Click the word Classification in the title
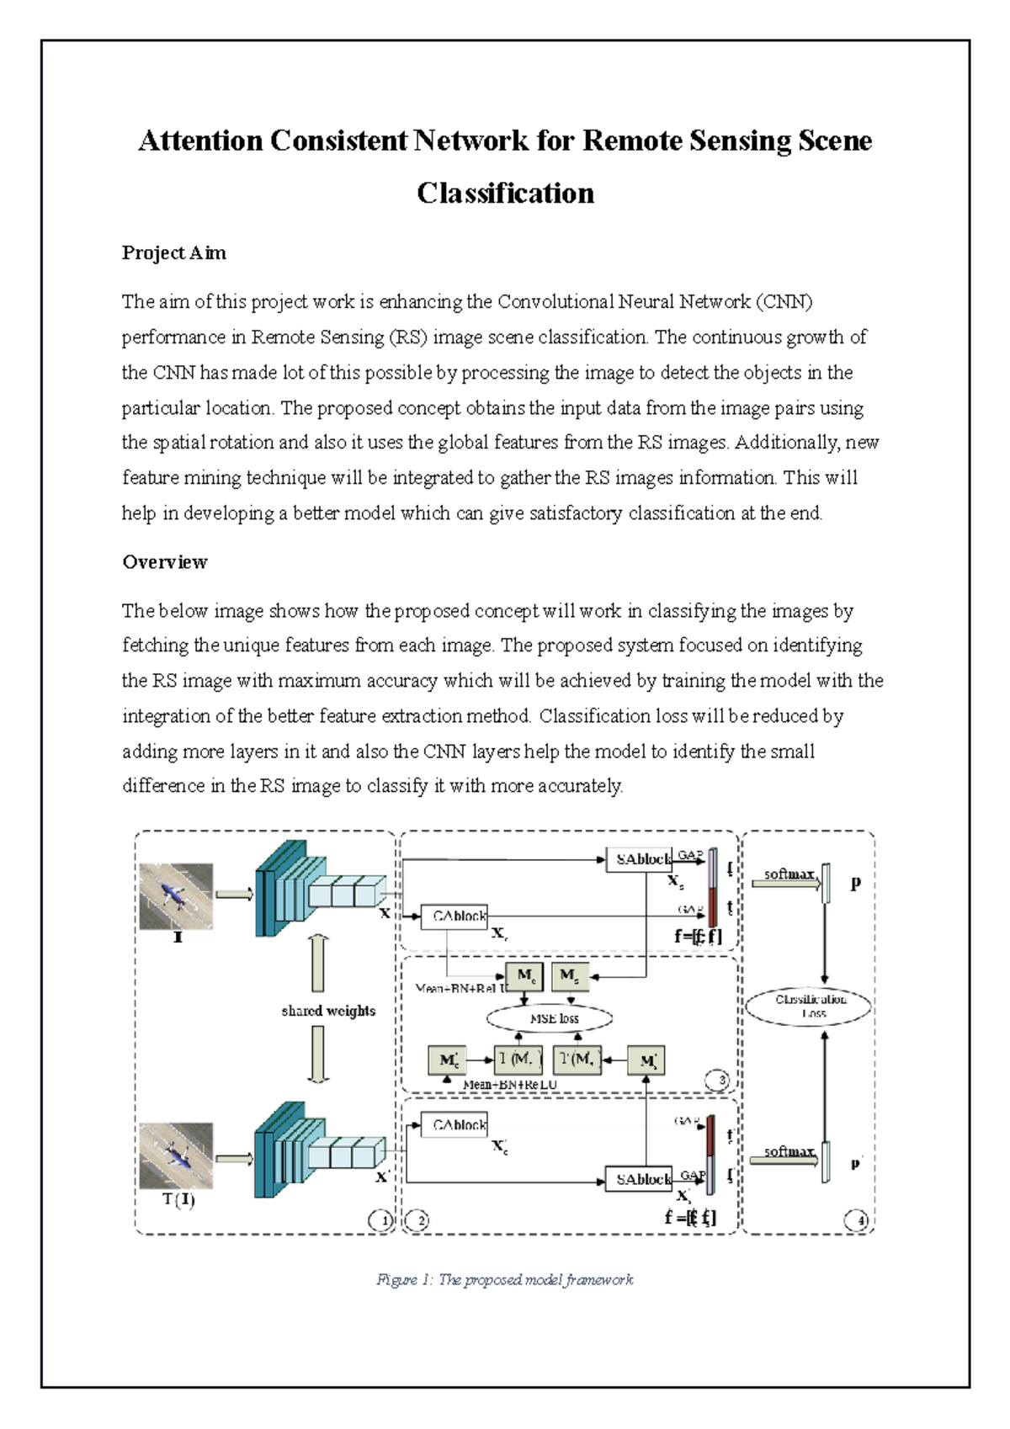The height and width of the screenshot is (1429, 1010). click(505, 194)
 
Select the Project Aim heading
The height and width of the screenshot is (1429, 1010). click(173, 253)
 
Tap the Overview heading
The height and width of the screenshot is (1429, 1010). click(165, 562)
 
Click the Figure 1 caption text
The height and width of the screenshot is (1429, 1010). click(505, 1280)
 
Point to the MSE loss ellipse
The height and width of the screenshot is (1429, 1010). click(550, 1018)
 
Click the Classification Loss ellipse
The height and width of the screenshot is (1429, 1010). click(809, 1006)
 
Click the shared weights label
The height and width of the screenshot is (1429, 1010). click(328, 1011)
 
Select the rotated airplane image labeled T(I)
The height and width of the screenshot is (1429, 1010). click(176, 1155)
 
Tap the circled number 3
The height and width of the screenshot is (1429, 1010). click(717, 1081)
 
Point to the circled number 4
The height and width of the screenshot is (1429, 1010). click(857, 1219)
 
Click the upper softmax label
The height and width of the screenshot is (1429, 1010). click(789, 874)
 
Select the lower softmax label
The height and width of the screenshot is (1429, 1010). click(789, 1151)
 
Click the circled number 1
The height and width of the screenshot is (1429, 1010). click(381, 1219)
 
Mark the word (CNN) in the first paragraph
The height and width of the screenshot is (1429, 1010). click(784, 302)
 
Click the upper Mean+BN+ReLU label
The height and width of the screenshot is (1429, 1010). click(462, 988)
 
